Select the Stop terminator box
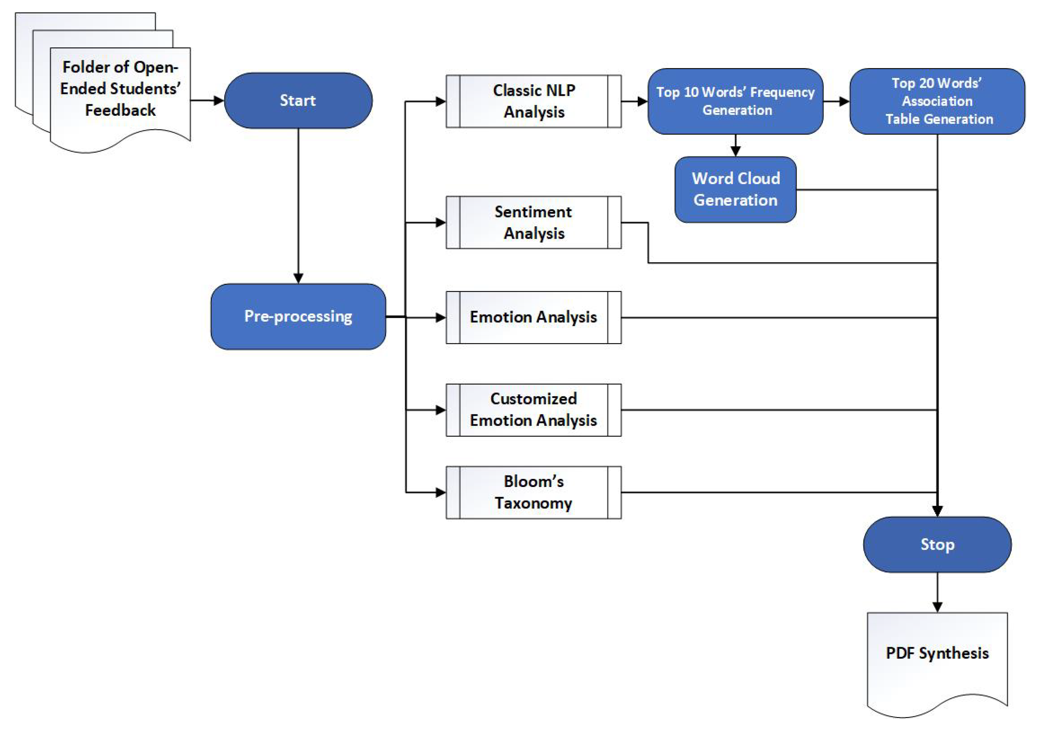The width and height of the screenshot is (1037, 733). (x=937, y=545)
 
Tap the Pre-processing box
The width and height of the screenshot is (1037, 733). (x=298, y=317)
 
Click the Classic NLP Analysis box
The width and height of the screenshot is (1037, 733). (x=533, y=101)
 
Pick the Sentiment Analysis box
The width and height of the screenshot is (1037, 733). (x=533, y=222)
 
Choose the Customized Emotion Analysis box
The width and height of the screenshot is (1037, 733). (x=533, y=410)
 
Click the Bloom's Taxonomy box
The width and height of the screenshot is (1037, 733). (x=533, y=492)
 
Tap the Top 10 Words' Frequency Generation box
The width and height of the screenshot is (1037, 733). (x=735, y=101)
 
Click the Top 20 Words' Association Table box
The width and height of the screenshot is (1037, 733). (x=937, y=101)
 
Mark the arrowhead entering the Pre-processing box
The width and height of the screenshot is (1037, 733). (x=298, y=278)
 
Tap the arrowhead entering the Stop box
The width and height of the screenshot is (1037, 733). (x=937, y=511)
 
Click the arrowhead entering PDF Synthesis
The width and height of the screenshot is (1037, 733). (x=937, y=607)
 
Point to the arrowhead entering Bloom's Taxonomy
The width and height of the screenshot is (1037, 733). (x=440, y=492)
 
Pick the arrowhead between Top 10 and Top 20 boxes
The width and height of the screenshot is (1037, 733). (x=844, y=101)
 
